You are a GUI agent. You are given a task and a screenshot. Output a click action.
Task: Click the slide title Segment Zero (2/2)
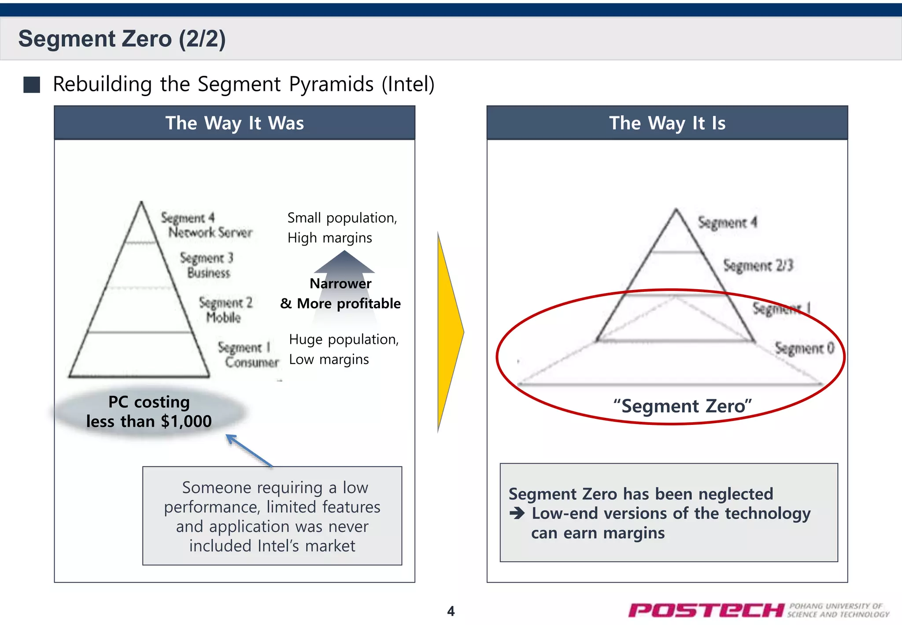click(122, 39)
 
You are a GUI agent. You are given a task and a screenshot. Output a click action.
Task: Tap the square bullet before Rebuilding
click(32, 85)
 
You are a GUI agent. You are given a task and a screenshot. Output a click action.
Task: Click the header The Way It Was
click(234, 123)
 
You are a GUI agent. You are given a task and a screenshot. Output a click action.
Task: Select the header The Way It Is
click(667, 123)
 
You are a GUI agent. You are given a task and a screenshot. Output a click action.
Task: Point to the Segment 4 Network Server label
click(206, 225)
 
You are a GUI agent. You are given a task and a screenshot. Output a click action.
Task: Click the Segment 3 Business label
click(207, 265)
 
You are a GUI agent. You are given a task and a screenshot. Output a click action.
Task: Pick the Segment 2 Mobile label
click(225, 310)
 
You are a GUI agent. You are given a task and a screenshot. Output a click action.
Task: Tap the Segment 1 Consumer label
click(248, 355)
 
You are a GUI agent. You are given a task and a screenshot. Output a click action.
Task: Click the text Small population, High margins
click(342, 227)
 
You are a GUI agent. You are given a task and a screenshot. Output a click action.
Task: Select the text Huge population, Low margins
click(343, 349)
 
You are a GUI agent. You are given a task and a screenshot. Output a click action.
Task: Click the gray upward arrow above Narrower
click(344, 263)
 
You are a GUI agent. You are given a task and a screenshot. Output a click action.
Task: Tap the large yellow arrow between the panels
click(449, 331)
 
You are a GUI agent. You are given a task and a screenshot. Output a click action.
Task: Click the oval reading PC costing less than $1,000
click(149, 412)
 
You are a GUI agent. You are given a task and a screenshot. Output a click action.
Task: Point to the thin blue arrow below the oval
click(249, 450)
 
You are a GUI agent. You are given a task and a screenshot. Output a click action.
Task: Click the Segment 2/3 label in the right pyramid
click(758, 265)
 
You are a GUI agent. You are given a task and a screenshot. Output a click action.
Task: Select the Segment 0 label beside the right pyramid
click(804, 348)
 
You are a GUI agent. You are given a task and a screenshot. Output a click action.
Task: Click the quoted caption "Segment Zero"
click(682, 406)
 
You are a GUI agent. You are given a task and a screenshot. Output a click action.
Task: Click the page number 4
click(451, 611)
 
